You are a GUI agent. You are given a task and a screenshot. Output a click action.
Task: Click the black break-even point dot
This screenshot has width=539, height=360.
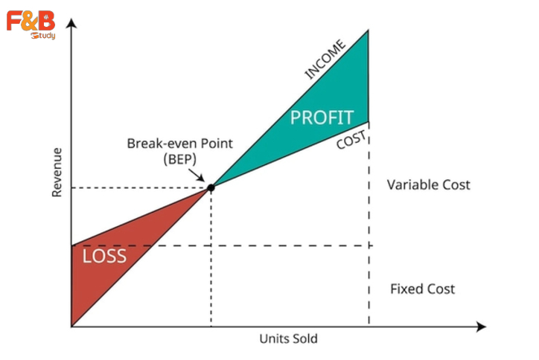[x=211, y=187]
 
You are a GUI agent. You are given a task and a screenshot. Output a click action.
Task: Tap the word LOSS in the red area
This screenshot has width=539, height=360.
[x=104, y=257]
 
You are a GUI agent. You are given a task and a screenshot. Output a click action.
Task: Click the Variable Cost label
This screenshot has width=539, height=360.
[x=428, y=184]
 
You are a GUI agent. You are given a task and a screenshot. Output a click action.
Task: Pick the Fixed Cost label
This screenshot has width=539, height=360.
[x=422, y=289]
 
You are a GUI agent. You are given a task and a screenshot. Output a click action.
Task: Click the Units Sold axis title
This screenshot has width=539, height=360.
[x=288, y=339]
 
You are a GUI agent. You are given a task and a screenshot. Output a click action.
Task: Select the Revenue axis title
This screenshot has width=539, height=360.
[x=57, y=172]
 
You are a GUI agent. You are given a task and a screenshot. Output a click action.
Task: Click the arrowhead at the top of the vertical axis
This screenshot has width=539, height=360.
[x=71, y=23]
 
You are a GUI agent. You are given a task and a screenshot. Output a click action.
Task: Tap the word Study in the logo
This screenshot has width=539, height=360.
[x=43, y=35]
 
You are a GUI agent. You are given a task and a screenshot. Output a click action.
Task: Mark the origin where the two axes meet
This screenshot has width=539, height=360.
[x=71, y=326]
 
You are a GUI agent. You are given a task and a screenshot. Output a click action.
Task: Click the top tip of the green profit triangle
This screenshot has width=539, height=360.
[x=369, y=30]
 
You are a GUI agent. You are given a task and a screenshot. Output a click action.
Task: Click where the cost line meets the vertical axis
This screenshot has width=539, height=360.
[x=71, y=245]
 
